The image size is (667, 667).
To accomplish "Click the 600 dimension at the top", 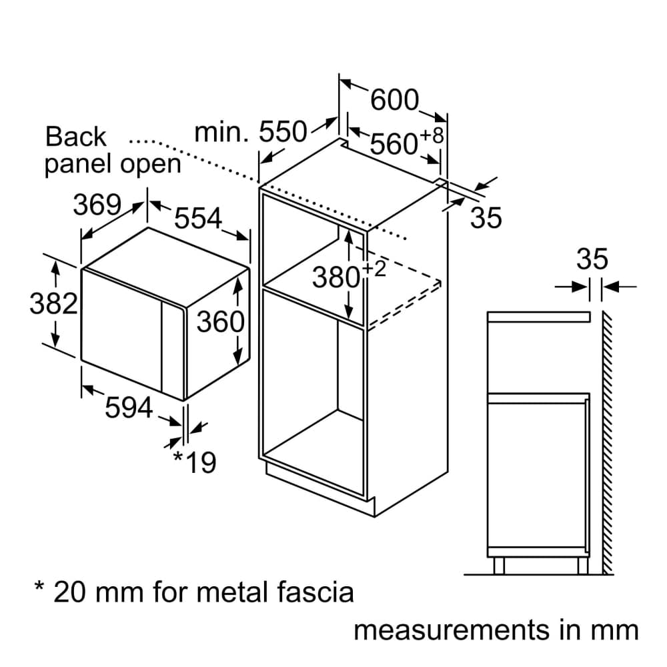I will pyautogui.click(x=394, y=101).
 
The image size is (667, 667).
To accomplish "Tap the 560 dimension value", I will pyautogui.click(x=394, y=143).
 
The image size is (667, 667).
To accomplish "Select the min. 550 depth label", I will pyautogui.click(x=249, y=133).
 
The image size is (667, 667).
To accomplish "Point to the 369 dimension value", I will pyautogui.click(x=97, y=205).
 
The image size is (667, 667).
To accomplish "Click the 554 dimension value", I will pyautogui.click(x=198, y=218).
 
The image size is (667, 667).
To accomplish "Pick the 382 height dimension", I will pyautogui.click(x=54, y=304).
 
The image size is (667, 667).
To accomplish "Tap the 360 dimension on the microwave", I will pyautogui.click(x=221, y=323).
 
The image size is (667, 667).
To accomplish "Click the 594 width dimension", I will pyautogui.click(x=129, y=408).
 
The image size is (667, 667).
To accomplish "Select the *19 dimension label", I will pyautogui.click(x=195, y=462).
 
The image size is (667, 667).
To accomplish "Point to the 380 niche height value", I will pyautogui.click(x=336, y=277).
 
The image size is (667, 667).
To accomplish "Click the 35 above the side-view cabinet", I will pyautogui.click(x=592, y=259).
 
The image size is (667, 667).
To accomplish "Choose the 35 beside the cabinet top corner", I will pyautogui.click(x=486, y=218).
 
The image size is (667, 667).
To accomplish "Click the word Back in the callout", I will pyautogui.click(x=75, y=137).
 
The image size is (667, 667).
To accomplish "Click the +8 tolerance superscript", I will pyautogui.click(x=432, y=135).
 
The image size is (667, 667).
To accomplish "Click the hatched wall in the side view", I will pyautogui.click(x=606, y=440).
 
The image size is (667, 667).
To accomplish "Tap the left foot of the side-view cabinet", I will pyautogui.click(x=499, y=565).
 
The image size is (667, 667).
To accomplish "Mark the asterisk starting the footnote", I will pyautogui.click(x=40, y=588).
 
